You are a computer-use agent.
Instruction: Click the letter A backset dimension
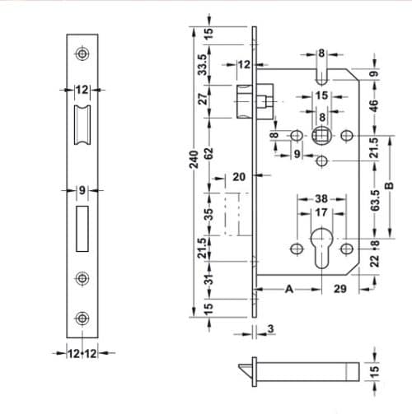[289, 289]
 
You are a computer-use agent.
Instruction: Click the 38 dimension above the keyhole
[321, 198]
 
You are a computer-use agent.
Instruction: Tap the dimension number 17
[321, 212]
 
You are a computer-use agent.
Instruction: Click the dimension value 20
[240, 177]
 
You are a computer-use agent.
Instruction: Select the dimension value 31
[209, 280]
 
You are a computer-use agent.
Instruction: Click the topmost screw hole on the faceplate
[82, 53]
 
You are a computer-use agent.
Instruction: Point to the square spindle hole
[322, 134]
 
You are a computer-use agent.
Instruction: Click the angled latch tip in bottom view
[246, 366]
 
